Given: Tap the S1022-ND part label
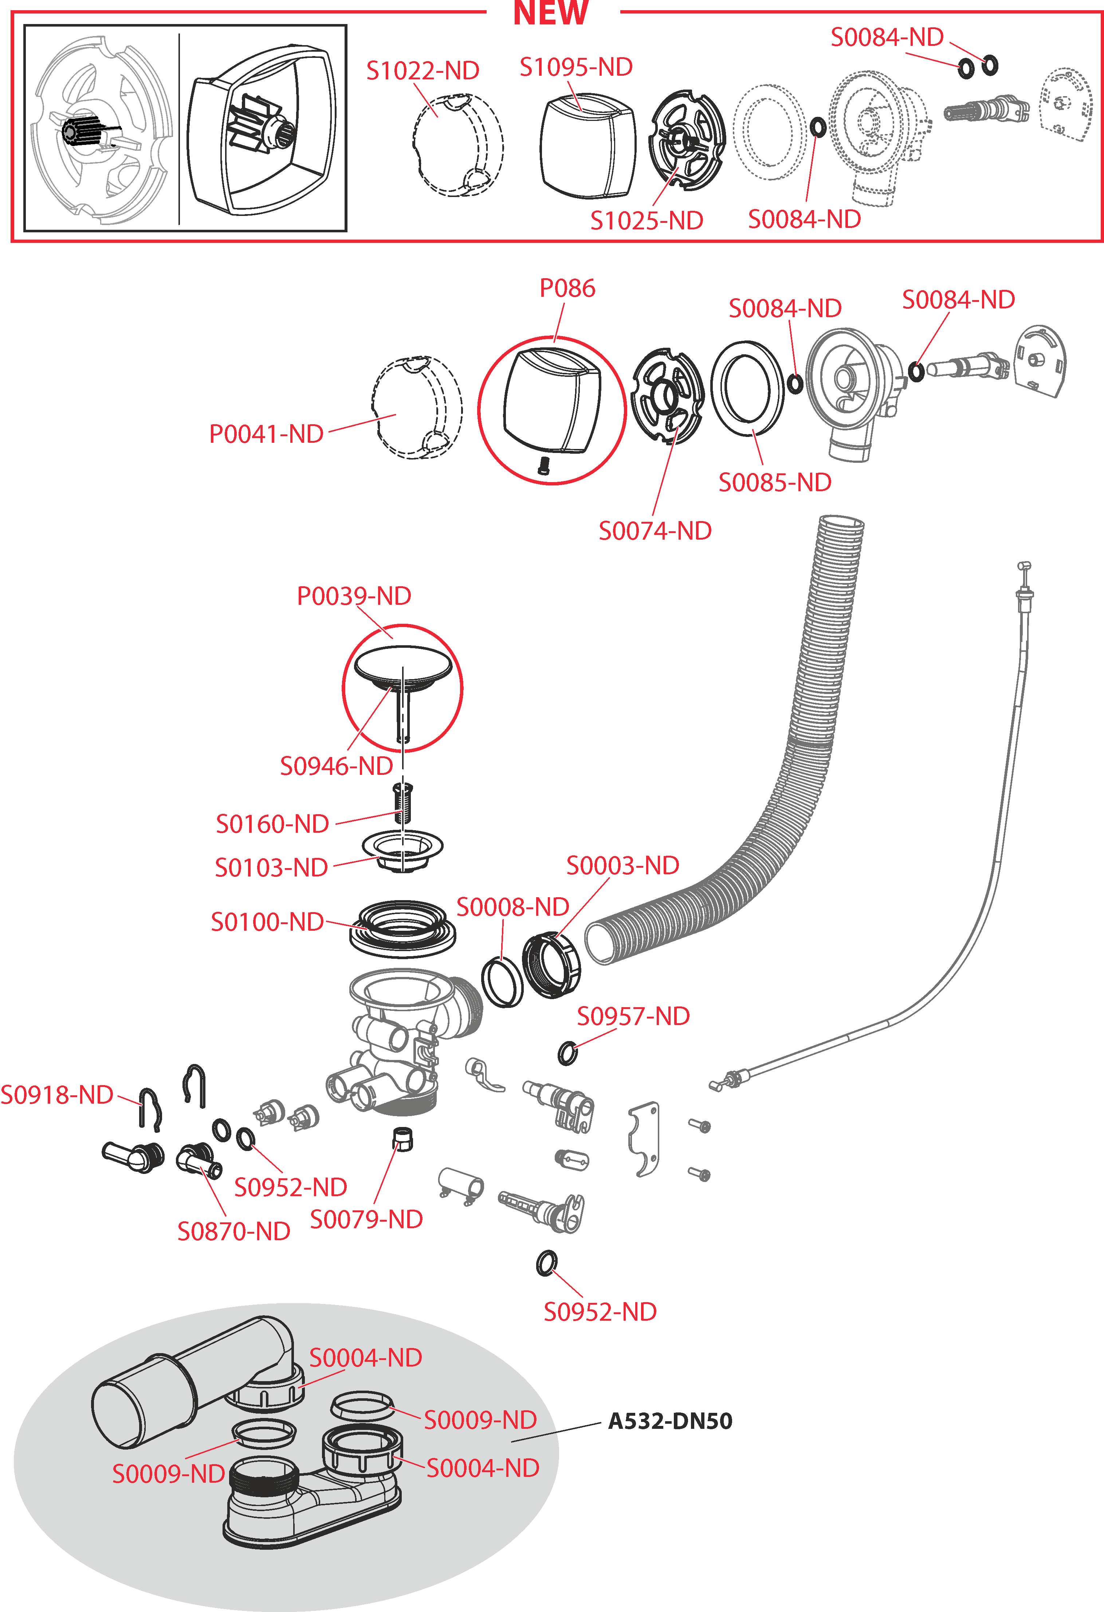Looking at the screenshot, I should pyautogui.click(x=423, y=71).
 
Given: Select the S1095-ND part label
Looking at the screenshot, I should pyautogui.click(x=576, y=67).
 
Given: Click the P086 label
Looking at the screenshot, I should pyautogui.click(x=567, y=288).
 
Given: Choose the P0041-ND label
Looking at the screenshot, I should pyautogui.click(x=267, y=434).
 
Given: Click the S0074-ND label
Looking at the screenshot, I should pyautogui.click(x=655, y=531).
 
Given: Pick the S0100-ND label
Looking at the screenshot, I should pyautogui.click(x=267, y=922).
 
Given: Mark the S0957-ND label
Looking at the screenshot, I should pyautogui.click(x=633, y=1016).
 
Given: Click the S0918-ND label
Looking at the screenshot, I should pyautogui.click(x=57, y=1095).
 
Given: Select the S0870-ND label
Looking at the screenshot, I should pyautogui.click(x=234, y=1231).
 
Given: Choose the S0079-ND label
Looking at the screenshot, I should pyautogui.click(x=366, y=1219).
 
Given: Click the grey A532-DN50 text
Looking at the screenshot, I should pyautogui.click(x=669, y=1421).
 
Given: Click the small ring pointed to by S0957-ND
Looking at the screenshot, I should pyautogui.click(x=567, y=1053).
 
